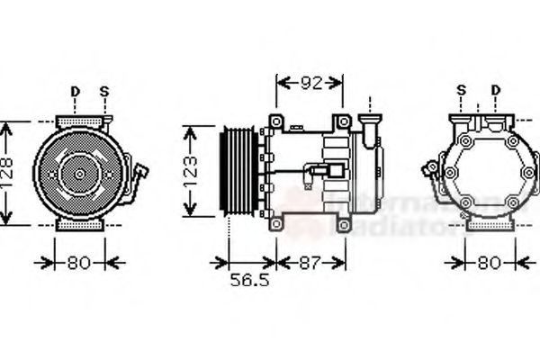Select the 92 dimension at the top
point(310,84)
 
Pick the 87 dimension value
point(310,263)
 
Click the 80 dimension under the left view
point(76,263)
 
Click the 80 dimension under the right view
point(488,263)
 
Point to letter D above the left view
point(75,91)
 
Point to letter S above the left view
point(103,91)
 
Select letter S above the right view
point(461,90)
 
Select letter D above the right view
point(495,90)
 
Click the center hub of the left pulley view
point(77,174)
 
